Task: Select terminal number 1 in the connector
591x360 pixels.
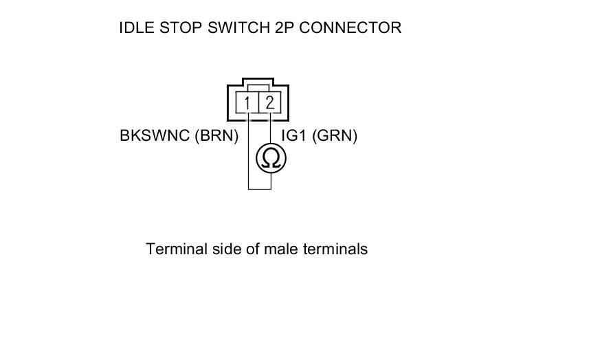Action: click(x=247, y=104)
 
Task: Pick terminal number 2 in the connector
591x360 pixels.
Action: click(x=270, y=104)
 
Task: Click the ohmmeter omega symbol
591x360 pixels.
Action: click(x=271, y=159)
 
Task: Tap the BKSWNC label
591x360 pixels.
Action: click(x=155, y=136)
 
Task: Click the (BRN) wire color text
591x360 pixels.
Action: click(x=216, y=136)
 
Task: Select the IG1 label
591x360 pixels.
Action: click(x=294, y=136)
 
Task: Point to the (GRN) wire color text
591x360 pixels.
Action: click(x=335, y=136)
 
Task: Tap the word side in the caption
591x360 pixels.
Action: click(x=223, y=249)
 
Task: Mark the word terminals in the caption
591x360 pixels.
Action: click(x=335, y=249)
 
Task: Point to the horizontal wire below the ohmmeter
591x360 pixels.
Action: click(x=259, y=188)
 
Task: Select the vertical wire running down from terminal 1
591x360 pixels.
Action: click(x=248, y=158)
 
